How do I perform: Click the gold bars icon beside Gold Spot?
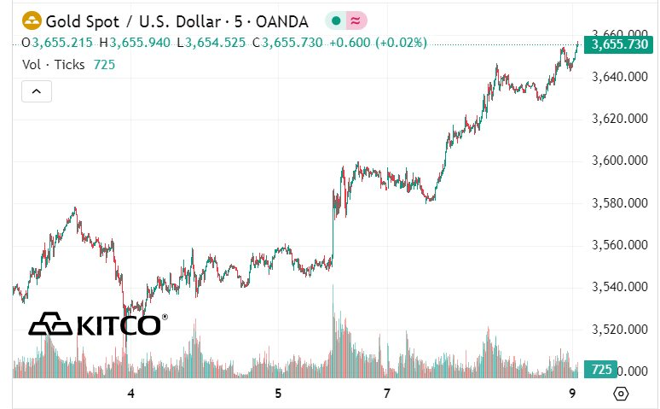[32, 20]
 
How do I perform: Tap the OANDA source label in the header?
[282, 20]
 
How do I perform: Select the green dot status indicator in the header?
[337, 20]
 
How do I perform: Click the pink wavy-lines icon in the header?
[356, 20]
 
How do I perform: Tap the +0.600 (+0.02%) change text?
[378, 42]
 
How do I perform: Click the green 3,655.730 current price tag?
[618, 44]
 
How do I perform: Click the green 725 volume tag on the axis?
[601, 370]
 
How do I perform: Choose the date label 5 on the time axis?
[278, 393]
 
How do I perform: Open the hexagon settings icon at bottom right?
[621, 394]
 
